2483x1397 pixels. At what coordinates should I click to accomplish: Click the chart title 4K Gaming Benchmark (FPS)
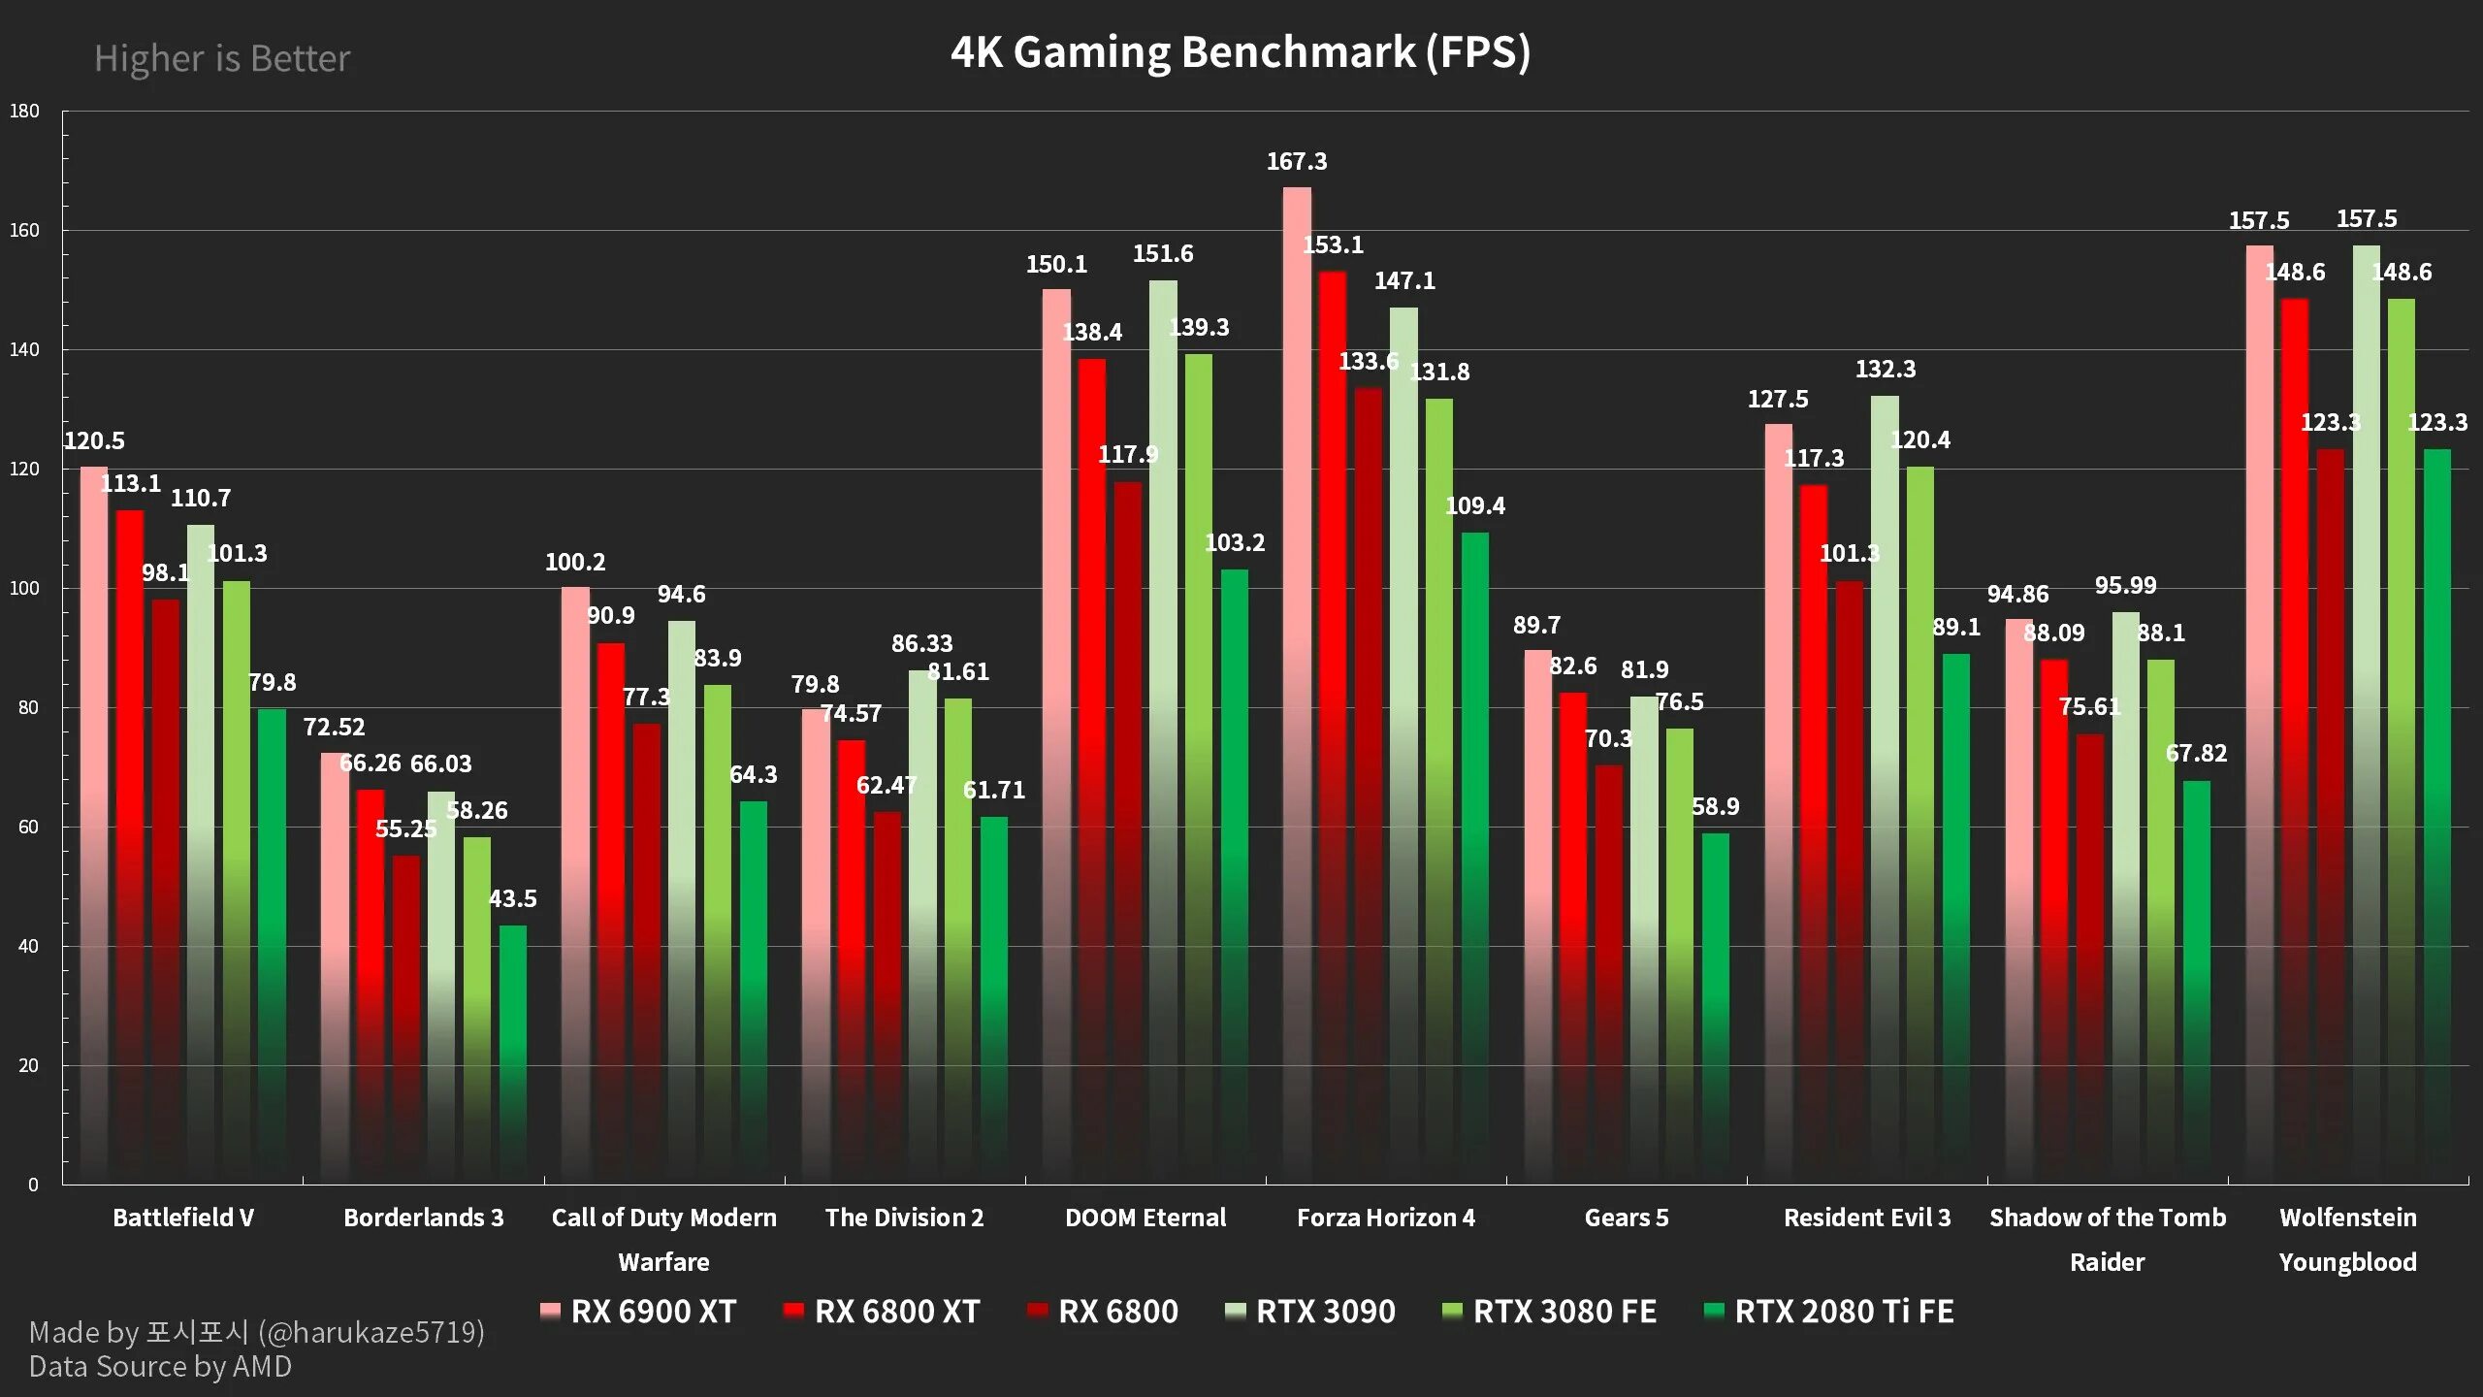1241,52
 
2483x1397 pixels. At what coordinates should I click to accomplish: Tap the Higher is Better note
222,58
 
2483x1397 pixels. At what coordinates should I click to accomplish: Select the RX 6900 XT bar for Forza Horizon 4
1297,685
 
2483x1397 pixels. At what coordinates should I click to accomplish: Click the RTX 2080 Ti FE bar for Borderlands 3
513,1055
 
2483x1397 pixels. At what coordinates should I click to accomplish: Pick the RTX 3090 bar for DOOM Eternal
1163,731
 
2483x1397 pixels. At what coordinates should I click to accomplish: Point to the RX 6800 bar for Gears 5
1609,974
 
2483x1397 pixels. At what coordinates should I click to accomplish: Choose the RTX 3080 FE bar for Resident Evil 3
1920,825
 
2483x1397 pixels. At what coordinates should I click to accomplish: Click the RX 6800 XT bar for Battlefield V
130,847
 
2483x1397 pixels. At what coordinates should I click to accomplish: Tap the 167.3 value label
1297,161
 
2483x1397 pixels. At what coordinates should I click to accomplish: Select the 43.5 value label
513,898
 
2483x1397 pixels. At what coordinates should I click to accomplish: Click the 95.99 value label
2125,585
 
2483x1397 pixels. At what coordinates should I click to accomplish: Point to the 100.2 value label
575,562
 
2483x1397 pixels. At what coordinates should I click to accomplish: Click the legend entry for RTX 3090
1311,1312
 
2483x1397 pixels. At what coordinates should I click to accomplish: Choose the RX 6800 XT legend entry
882,1312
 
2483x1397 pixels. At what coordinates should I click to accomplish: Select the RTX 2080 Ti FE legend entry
1829,1312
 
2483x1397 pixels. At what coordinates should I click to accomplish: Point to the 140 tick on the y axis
24,349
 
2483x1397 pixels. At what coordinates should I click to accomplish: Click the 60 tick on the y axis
28,827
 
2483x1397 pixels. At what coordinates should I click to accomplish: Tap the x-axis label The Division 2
904,1218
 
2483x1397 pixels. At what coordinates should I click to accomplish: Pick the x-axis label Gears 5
1627,1218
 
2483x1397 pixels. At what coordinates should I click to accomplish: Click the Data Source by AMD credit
160,1366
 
